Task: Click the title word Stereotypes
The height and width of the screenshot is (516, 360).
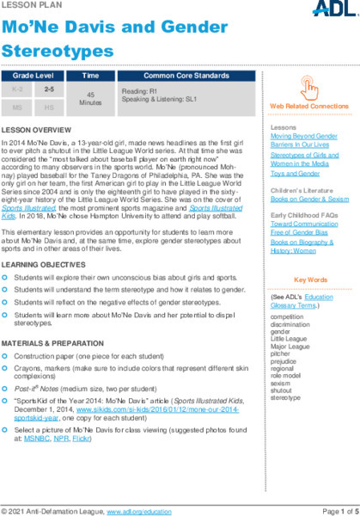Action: click(56, 52)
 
